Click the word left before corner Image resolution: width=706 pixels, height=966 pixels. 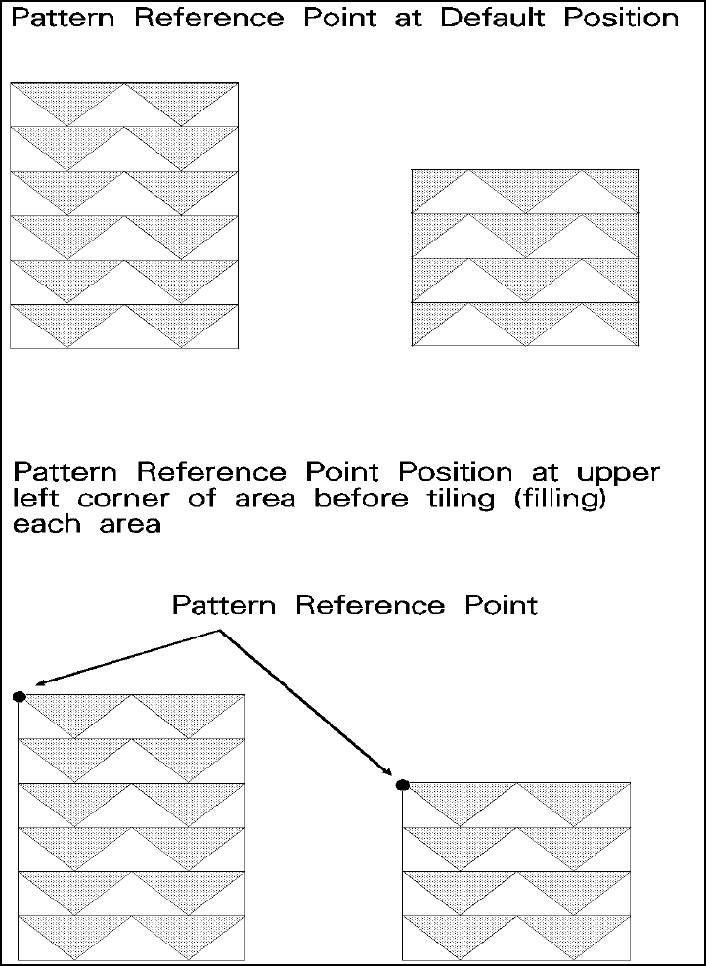tap(41, 499)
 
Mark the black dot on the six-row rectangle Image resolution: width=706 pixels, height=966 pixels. tap(19, 696)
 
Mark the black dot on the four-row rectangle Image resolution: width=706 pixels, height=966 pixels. tap(401, 784)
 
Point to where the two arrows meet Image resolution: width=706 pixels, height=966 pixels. tap(220, 633)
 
